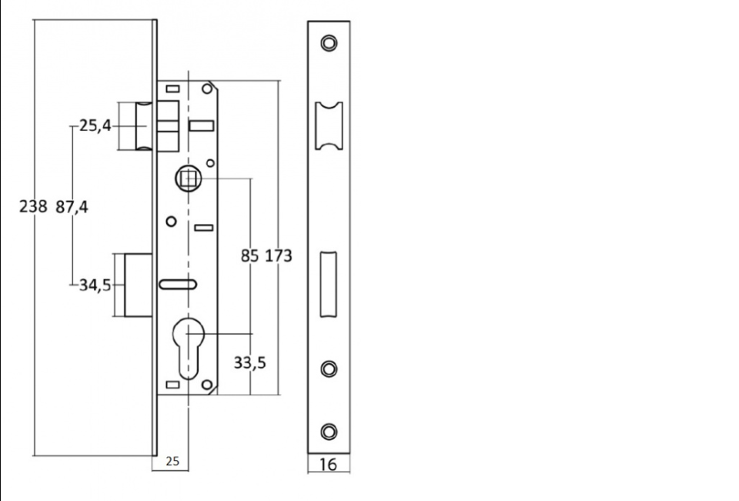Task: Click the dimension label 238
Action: [x=33, y=206]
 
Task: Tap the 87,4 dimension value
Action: [x=72, y=207]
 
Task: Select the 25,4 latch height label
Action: [x=95, y=126]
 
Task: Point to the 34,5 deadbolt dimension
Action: [x=95, y=286]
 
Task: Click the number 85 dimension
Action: [x=249, y=256]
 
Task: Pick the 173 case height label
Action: [x=279, y=256]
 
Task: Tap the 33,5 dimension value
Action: [x=249, y=363]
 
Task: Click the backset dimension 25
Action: [x=172, y=462]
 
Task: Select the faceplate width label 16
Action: [x=329, y=465]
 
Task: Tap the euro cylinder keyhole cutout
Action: [x=188, y=348]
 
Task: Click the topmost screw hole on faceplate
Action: [x=329, y=43]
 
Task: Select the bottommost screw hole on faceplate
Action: [x=329, y=432]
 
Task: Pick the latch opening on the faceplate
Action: [x=329, y=126]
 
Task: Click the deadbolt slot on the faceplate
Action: [x=329, y=284]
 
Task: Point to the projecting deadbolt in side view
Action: [x=138, y=286]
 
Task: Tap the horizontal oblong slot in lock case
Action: [x=178, y=284]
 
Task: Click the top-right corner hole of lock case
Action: [x=207, y=89]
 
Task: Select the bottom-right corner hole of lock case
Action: [x=207, y=385]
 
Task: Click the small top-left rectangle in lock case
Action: [x=173, y=89]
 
